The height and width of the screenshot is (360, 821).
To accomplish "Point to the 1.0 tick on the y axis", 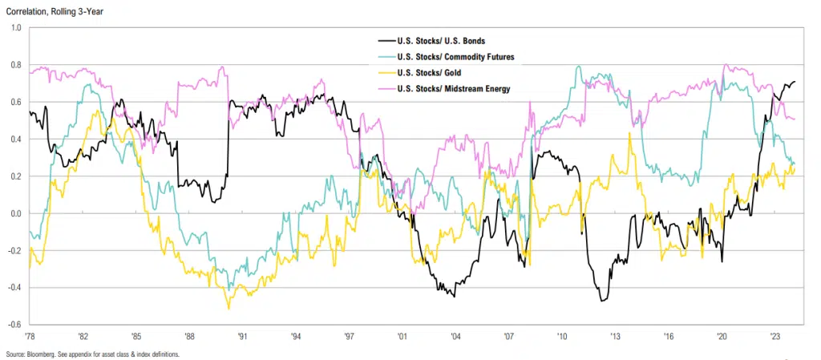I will pos(16,27).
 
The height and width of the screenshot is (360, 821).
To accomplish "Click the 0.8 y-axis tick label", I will pos(16,65).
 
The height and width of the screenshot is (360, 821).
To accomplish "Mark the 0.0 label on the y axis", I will pos(16,213).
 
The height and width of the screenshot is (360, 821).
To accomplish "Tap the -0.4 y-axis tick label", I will pos(14,288).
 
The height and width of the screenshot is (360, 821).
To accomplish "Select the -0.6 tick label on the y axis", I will pos(14,325).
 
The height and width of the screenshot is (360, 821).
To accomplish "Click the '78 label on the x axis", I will pos(30,338).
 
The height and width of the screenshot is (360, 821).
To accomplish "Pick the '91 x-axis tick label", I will pos(242,338).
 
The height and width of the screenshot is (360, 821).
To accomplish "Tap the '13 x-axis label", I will pos(615,338).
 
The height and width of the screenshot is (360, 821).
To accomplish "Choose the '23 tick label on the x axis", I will pos(774,338).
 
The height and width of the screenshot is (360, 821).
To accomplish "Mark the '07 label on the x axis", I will pos(508,338).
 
